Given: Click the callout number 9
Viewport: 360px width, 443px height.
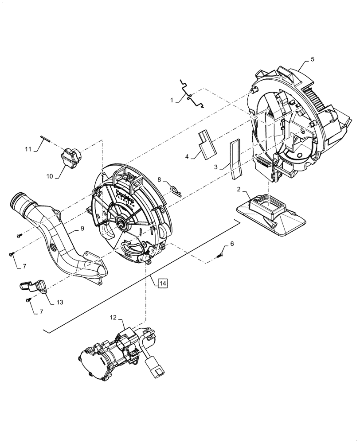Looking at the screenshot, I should point(82,229).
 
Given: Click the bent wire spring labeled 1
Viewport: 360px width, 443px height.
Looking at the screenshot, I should point(192,94).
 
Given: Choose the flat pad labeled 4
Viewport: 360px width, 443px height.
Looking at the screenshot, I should point(207,144).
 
